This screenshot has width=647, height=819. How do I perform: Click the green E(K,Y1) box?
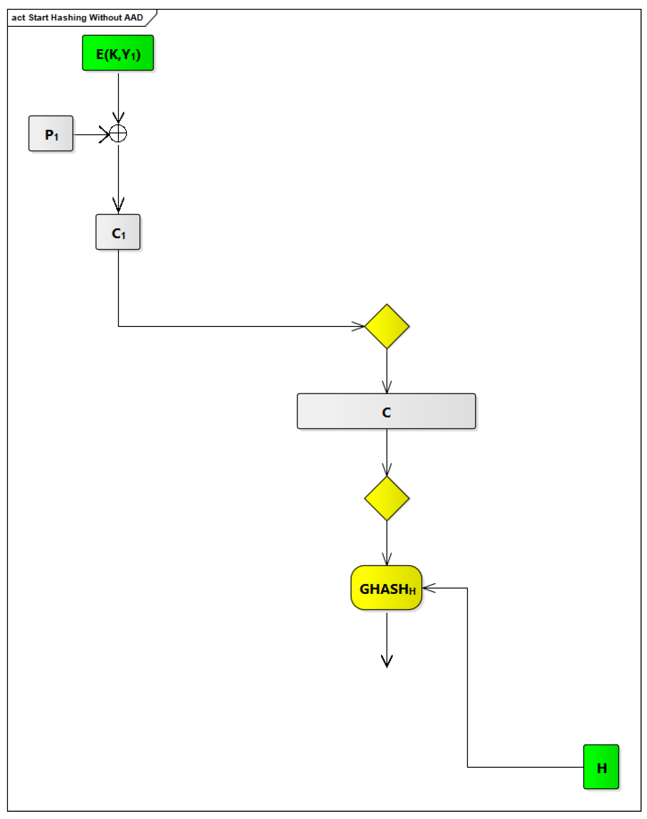[x=118, y=53]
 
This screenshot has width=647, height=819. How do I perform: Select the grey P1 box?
[x=51, y=134]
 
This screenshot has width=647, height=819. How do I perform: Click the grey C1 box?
[x=118, y=232]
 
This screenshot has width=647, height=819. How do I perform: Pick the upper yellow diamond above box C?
[x=387, y=326]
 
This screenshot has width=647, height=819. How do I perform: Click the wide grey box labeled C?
[x=386, y=411]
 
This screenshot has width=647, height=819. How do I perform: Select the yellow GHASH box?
[x=386, y=588]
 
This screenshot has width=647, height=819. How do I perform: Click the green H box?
[x=601, y=767]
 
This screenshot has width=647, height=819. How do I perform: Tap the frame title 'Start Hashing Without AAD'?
[x=85, y=17]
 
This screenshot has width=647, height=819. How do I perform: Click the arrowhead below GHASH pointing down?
[x=387, y=662]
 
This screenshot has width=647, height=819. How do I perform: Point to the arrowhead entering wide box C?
[x=387, y=388]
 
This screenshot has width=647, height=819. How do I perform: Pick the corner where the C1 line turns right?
[x=118, y=326]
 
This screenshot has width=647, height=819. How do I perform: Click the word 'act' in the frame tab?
[x=18, y=17]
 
